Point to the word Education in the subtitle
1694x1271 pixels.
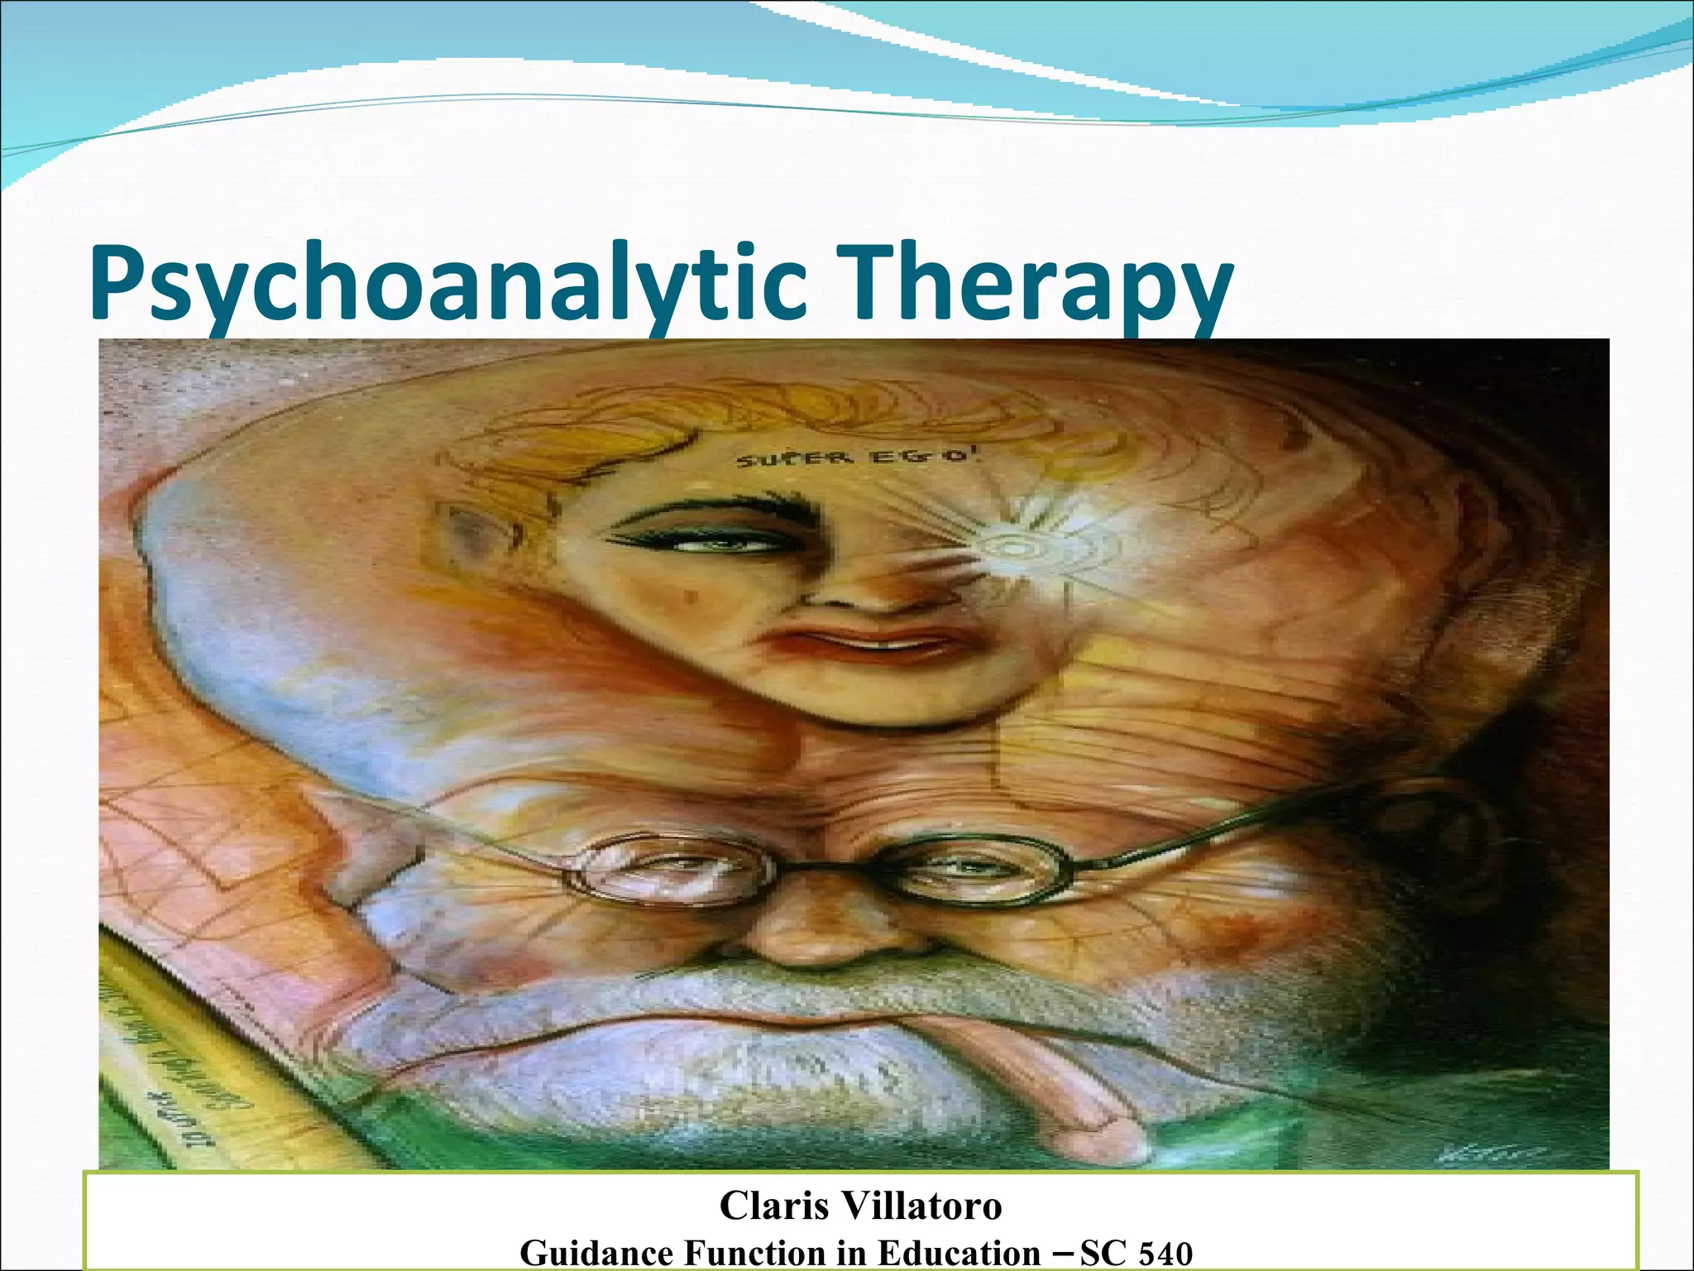(959, 1253)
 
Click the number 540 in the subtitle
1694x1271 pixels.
(1162, 1253)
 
